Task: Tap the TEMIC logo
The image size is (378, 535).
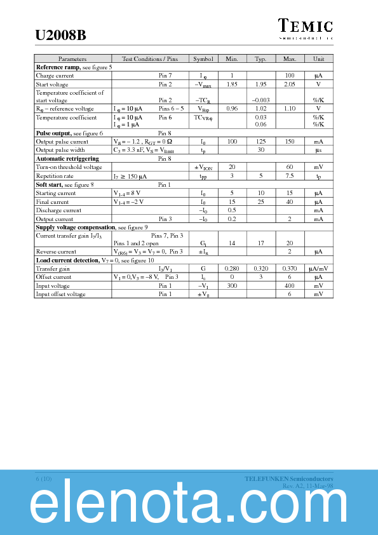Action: pos(306,27)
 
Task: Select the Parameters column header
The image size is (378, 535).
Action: pos(72,58)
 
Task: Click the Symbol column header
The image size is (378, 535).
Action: pos(203,58)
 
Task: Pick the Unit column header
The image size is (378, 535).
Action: pos(318,58)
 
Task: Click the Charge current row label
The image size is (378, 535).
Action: pos(55,76)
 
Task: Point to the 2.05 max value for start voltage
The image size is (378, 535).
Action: pos(290,84)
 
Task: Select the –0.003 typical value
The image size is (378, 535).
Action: pos(260,100)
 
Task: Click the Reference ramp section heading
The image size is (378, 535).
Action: pos(58,67)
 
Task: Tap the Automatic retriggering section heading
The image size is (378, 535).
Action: pos(67,159)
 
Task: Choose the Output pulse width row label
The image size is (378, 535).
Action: pos(60,151)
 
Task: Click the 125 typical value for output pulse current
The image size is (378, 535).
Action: pos(260,142)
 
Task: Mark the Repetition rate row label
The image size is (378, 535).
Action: pos(55,176)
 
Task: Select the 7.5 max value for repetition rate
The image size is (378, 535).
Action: pos(290,176)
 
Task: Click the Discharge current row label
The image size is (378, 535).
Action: pos(58,210)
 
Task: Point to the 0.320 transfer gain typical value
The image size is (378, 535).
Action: pos(260,269)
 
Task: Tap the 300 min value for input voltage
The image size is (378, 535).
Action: pos(232,286)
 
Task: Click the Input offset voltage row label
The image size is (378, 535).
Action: pos(60,294)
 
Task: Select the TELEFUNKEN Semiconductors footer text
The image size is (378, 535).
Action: pos(289,478)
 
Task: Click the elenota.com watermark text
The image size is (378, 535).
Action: pos(189,506)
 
